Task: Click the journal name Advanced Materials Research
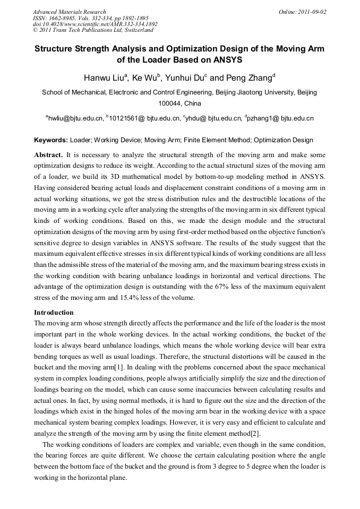pyautogui.click(x=69, y=12)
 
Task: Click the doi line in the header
pyautogui.click(x=95, y=24)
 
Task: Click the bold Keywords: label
pyautogui.click(x=51, y=141)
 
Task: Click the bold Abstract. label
pyautogui.click(x=48, y=155)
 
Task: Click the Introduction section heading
pyautogui.click(x=54, y=313)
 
